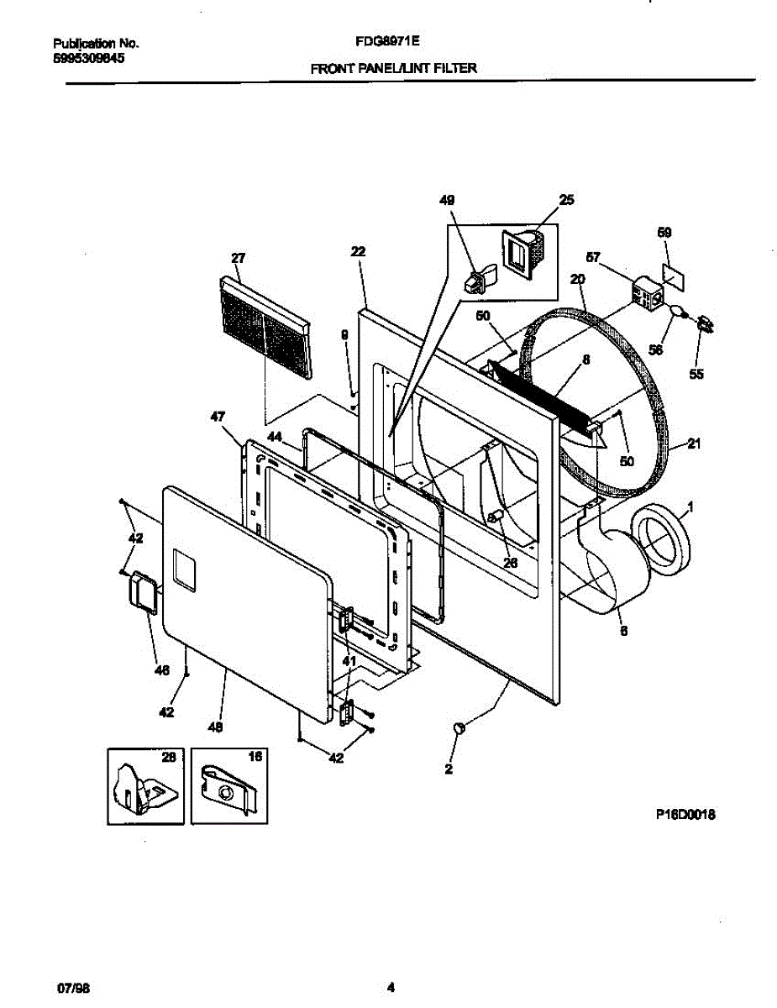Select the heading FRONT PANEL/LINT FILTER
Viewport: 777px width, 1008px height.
(393, 69)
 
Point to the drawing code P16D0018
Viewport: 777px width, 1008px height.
(685, 814)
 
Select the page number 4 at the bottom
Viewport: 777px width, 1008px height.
(390, 986)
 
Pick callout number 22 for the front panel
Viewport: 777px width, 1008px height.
(358, 252)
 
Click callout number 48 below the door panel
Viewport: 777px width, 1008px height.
(217, 729)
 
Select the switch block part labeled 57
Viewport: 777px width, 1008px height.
(647, 295)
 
